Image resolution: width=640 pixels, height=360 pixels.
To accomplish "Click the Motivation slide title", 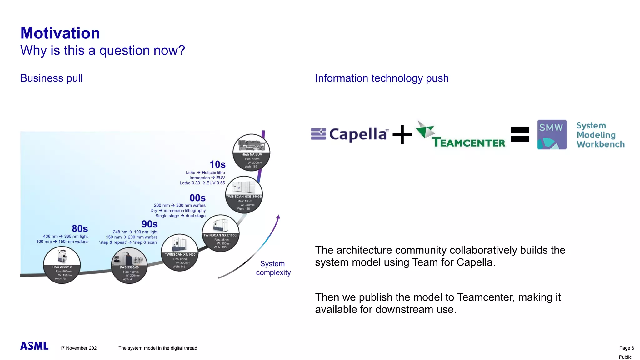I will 60,33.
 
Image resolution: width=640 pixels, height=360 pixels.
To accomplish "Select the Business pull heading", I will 52,78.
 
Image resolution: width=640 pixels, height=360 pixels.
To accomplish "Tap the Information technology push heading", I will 382,78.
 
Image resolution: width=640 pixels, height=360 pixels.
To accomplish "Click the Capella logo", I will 350,134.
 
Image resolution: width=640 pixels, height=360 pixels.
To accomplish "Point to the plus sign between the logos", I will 402,135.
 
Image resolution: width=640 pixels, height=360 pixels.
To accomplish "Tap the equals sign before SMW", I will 520,134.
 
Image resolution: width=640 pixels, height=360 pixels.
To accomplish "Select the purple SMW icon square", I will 552,135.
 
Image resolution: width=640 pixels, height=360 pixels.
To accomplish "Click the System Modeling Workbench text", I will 600,135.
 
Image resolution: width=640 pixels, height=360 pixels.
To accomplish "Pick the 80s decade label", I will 80,229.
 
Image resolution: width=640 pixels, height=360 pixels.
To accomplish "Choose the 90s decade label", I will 149,224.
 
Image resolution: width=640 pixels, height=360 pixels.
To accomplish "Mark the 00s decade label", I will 197,198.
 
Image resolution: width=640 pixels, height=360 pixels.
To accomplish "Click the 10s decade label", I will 217,164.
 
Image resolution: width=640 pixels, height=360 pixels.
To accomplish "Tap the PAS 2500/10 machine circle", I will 62,265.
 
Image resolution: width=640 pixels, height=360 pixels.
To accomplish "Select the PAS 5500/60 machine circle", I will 129,266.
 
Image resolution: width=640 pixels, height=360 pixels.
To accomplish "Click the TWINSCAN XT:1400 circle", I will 180,252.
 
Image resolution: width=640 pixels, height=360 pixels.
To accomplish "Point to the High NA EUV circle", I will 252,152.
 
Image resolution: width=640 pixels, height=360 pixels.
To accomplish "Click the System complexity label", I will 273,268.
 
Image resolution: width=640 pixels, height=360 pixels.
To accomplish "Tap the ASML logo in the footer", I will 34,346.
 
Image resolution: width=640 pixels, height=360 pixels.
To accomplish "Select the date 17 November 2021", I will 79,348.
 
